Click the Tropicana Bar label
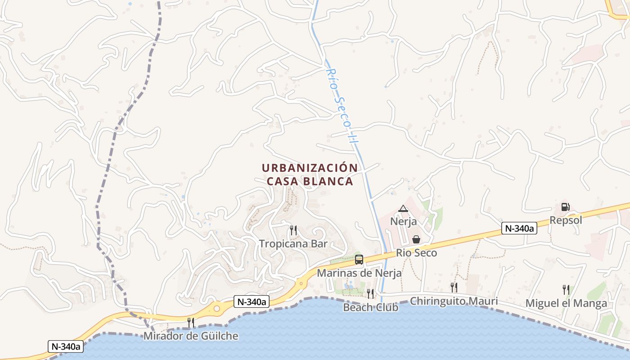click(x=293, y=244)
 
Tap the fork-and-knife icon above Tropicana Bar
click(x=293, y=230)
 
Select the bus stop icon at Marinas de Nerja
click(x=359, y=260)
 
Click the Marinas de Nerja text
click(x=359, y=273)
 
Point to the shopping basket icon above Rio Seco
click(x=416, y=239)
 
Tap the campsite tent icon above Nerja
click(x=403, y=208)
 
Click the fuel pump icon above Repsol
click(x=565, y=207)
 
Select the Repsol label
click(x=566, y=220)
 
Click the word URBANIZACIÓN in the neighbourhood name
click(x=310, y=168)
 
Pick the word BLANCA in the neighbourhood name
click(x=330, y=181)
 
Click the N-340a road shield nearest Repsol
click(x=520, y=229)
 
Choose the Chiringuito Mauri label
click(x=454, y=301)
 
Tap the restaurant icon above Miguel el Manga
click(x=566, y=289)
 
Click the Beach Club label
click(x=370, y=307)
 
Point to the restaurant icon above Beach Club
click(x=370, y=294)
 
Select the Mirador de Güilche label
click(x=190, y=336)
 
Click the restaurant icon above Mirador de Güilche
click(x=191, y=322)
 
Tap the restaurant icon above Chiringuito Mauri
click(x=454, y=287)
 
